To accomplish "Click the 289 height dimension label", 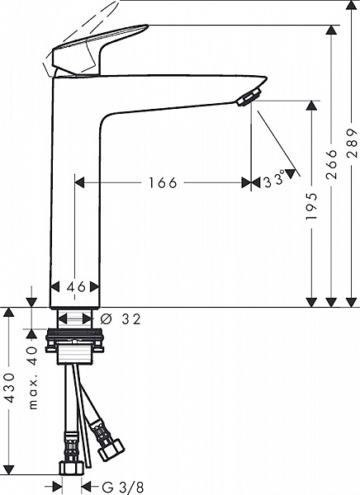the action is coord(352,143).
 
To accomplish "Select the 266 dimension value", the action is coord(331,164).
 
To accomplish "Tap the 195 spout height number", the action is coord(311,206).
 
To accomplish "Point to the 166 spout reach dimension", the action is coord(163,183).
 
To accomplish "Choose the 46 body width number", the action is coord(76,287).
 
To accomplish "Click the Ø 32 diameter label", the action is coord(121,319).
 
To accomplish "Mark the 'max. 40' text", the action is coord(33,378).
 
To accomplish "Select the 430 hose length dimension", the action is coord(9,388).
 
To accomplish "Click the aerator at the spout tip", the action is coord(249,97).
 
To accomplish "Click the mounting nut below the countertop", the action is coord(74,340).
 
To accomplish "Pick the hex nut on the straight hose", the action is coord(72,467).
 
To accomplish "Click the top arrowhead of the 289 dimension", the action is coord(352,6).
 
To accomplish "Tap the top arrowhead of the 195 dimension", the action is coord(311,106).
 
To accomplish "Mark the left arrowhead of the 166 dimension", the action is coord(79,182).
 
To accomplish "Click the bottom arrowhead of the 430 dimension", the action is coord(9,469).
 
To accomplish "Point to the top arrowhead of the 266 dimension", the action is coord(331,30).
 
